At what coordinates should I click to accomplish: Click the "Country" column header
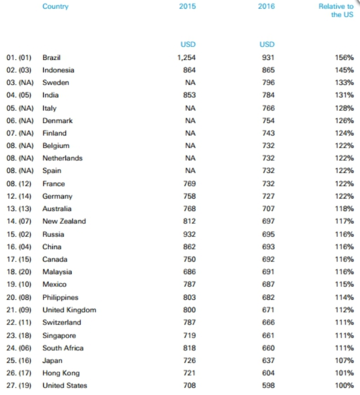coord(55,7)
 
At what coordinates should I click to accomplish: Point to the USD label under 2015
coord(188,44)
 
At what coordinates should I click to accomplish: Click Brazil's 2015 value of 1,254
coord(186,57)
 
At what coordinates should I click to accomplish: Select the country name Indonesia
coord(58,70)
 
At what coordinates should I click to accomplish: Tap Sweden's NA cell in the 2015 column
coord(190,83)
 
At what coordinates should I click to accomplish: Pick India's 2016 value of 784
coord(268,95)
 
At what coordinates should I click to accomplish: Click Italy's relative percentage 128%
coord(344,108)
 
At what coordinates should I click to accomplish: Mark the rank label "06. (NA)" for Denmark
coord(20,121)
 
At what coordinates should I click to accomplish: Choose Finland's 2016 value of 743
coord(268,133)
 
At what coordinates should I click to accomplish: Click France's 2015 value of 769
coord(189,184)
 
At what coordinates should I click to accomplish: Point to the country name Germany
coord(57,196)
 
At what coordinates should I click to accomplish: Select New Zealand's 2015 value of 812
coord(189,221)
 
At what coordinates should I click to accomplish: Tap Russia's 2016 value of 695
coord(268,234)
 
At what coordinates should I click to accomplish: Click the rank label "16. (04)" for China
coord(20,247)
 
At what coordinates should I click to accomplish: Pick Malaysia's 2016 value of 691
coord(268,272)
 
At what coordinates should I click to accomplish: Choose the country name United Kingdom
coord(69,310)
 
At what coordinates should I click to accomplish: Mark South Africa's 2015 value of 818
coord(189,348)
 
